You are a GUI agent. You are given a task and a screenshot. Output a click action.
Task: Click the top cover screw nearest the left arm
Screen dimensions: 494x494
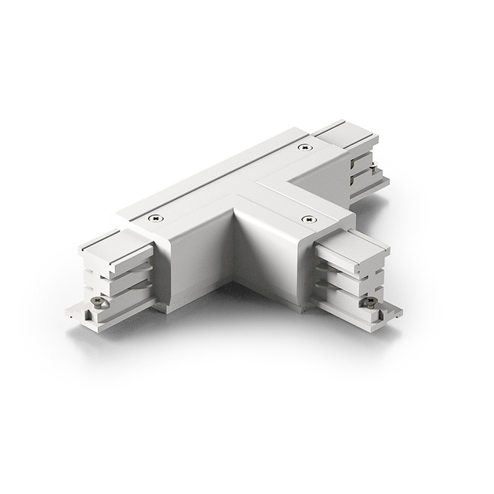pyautogui.click(x=156, y=218)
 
